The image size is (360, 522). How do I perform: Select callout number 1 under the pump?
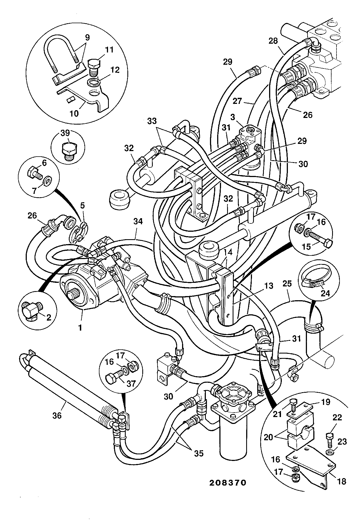click(x=80, y=328)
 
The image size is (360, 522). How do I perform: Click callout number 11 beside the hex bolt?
click(x=109, y=50)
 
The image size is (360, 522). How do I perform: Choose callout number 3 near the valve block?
click(x=233, y=117)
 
